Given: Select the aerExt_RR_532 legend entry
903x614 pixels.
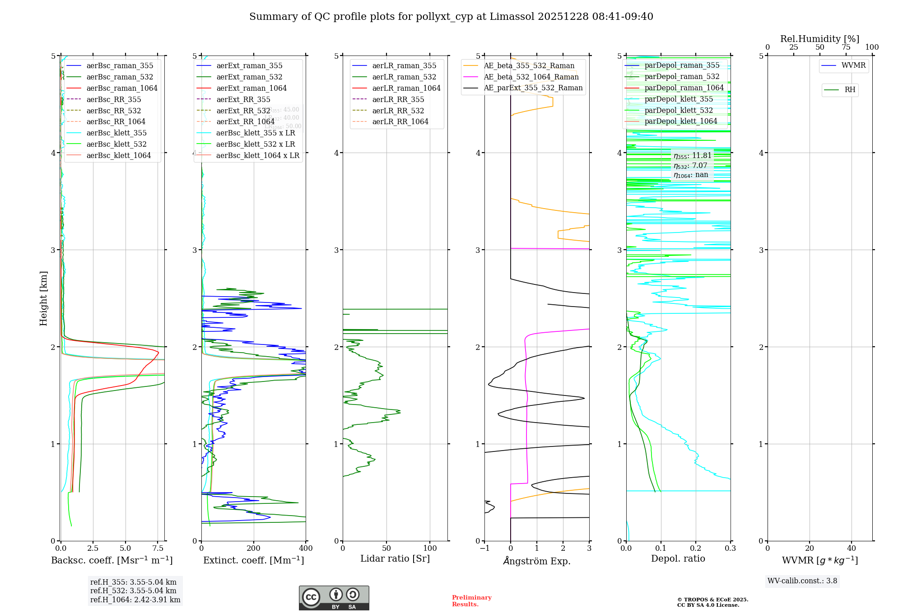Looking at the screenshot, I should (x=243, y=111).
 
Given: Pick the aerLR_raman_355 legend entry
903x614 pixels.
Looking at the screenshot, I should (x=404, y=65).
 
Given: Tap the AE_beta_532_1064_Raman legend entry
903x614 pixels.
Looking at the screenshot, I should (x=531, y=77).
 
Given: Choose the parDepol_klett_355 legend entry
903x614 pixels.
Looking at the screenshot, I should (x=679, y=99).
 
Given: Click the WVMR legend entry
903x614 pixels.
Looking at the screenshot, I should (x=853, y=65).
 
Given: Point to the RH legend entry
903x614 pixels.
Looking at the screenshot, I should (x=850, y=90).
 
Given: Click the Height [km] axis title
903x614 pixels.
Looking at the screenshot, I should (x=43, y=298).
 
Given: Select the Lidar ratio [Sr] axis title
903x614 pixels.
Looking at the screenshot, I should (x=395, y=558).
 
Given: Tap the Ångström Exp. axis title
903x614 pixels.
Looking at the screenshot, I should (x=537, y=561).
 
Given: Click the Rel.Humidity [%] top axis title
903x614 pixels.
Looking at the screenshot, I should (x=819, y=39).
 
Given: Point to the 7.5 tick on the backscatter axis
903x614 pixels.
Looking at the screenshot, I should (x=158, y=549).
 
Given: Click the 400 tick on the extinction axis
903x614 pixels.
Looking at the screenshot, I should (x=306, y=549).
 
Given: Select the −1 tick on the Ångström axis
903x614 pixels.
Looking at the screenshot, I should (x=484, y=549).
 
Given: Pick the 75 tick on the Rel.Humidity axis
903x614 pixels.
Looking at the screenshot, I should (x=846, y=47).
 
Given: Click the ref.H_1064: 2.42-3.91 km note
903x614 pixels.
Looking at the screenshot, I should (x=135, y=600).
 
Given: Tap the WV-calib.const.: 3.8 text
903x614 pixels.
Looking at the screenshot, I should (x=802, y=581).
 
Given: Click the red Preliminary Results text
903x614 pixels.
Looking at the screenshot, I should (x=471, y=600).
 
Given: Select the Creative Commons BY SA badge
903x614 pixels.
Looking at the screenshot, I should (x=334, y=598).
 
